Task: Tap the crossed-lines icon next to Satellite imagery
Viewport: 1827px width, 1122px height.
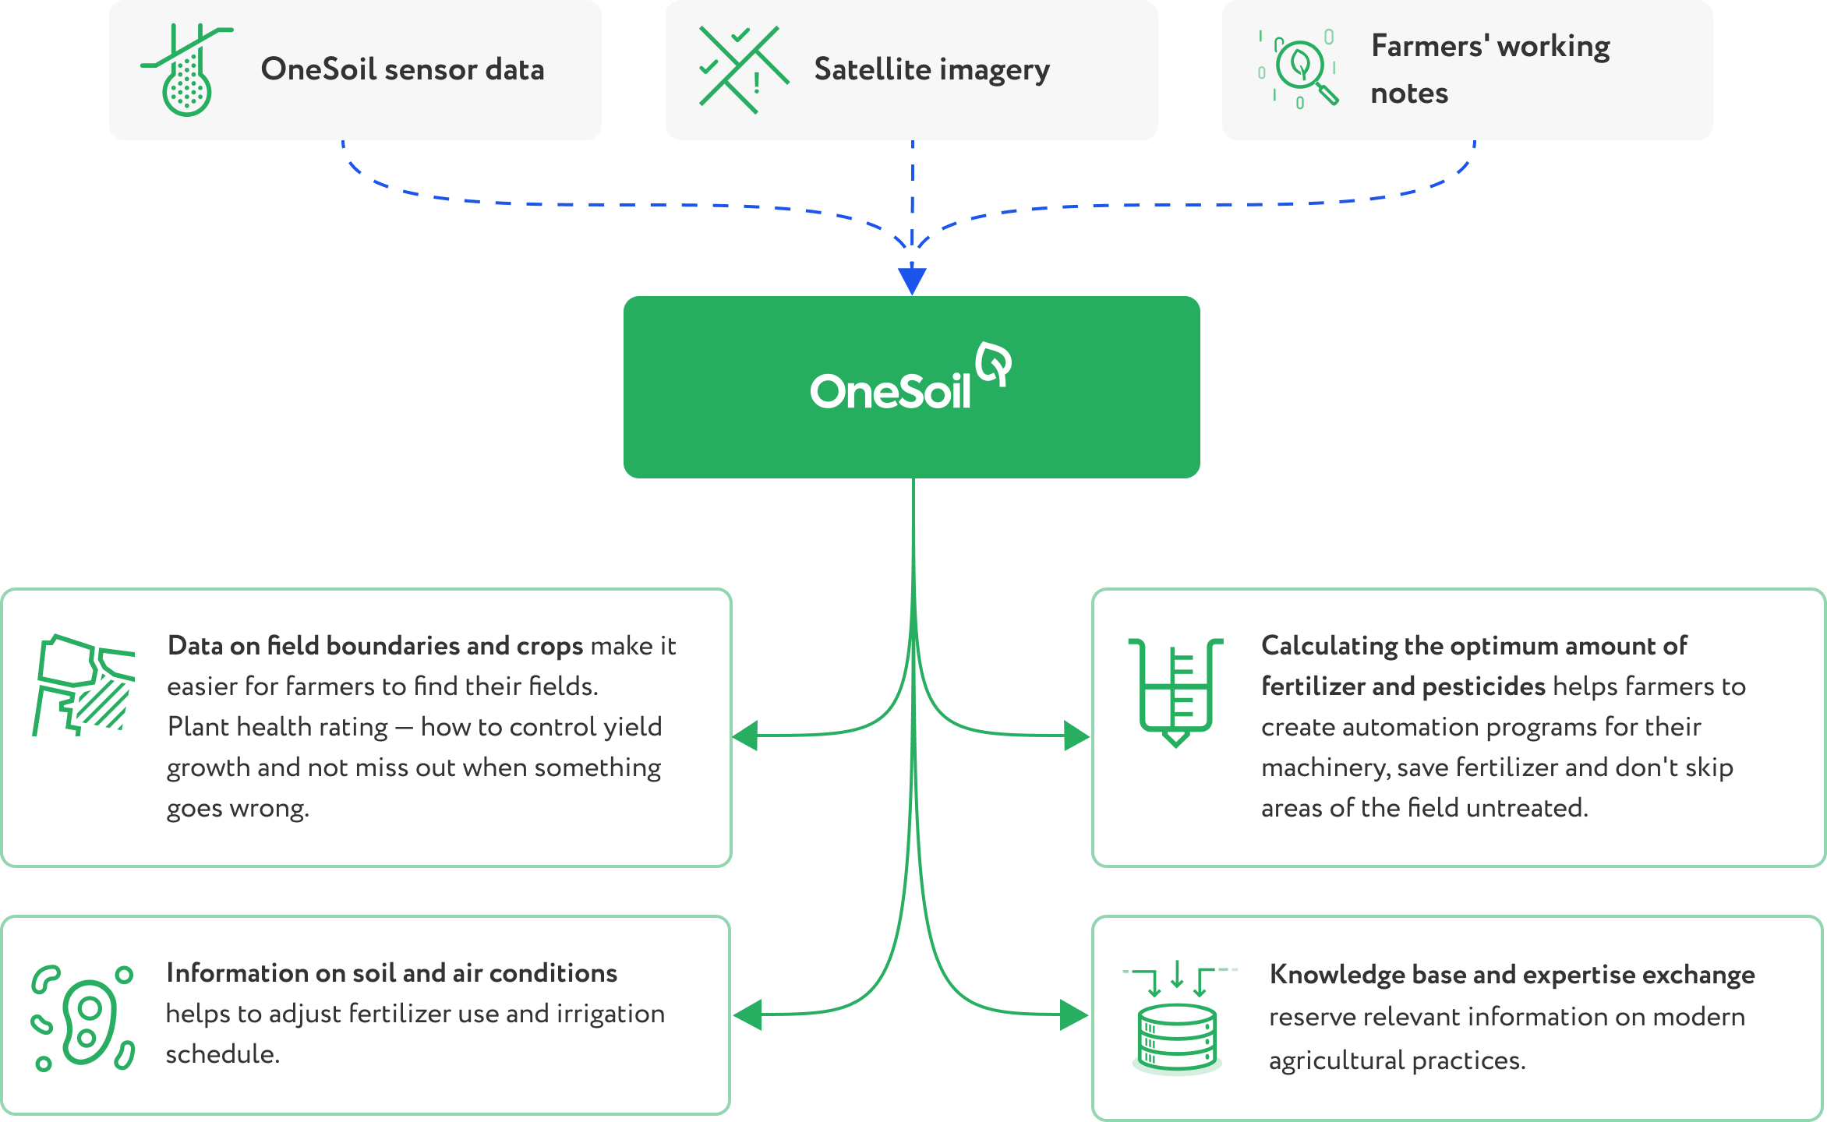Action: click(x=744, y=70)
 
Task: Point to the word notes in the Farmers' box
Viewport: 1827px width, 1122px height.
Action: click(x=1409, y=93)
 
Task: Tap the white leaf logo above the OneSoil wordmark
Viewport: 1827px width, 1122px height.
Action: click(x=995, y=363)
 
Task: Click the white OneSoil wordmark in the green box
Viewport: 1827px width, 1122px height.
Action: click(x=890, y=391)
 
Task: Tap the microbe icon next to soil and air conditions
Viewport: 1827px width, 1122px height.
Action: click(x=83, y=1018)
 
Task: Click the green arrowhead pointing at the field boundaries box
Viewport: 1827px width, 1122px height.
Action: click(x=745, y=736)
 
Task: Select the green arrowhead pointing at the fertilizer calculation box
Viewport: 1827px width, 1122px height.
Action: click(x=1076, y=736)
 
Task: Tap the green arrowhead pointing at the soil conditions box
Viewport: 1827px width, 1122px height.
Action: click(x=747, y=1015)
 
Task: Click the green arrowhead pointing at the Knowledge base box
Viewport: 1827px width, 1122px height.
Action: click(x=1074, y=1015)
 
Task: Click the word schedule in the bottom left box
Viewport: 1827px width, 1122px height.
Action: click(x=222, y=1054)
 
